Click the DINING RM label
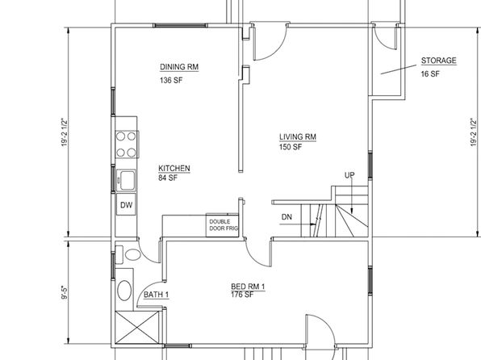pos(179,67)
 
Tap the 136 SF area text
pos(171,81)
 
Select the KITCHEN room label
pos(174,168)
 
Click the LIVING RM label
pos(298,137)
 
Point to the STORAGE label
pos(439,61)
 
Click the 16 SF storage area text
pos(430,74)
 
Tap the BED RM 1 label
pos(248,287)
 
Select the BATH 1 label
pos(156,295)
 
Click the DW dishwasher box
pos(126,205)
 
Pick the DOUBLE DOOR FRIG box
pos(222,225)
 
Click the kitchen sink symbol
pos(126,180)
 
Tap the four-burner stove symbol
pos(127,144)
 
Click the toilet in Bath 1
pos(128,255)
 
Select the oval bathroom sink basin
pos(124,290)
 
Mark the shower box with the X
pos(137,328)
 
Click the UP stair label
pos(349,175)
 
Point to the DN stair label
pos(287,217)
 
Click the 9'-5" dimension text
pos(64,293)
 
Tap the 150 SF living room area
pos(291,147)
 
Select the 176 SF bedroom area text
pos(242,295)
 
